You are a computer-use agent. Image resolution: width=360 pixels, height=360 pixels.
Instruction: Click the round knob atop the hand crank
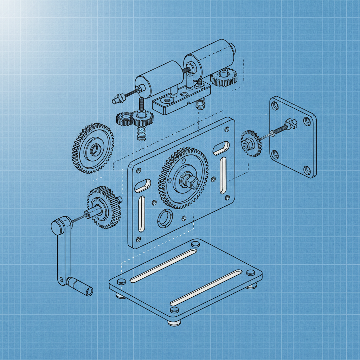coord(57,226)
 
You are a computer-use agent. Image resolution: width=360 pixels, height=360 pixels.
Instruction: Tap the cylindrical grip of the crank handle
coord(81,286)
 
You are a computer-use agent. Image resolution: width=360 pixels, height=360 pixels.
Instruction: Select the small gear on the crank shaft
coord(104,208)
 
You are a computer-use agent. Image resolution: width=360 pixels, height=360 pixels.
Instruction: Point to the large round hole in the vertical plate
coord(165,219)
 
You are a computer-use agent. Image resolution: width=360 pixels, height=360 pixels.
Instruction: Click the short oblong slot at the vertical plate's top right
coord(221,148)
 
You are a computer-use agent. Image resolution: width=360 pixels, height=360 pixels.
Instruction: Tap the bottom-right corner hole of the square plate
coord(307,170)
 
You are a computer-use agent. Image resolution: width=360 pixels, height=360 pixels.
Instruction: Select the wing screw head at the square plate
coord(291,123)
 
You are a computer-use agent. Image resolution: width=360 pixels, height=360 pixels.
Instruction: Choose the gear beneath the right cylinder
coord(224,77)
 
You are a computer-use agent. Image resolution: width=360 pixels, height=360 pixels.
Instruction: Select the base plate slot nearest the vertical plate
coord(163,265)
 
